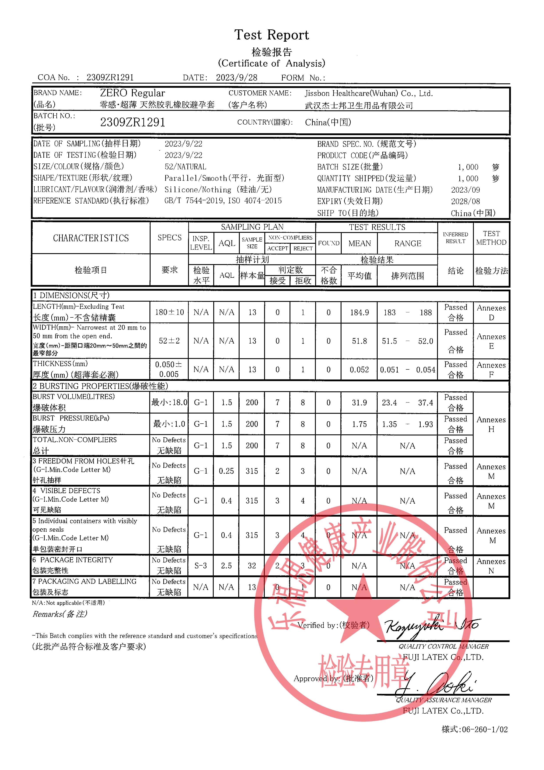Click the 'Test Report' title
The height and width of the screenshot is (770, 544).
271,35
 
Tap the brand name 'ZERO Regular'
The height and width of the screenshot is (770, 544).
132,93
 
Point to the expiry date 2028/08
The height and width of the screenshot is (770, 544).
465,201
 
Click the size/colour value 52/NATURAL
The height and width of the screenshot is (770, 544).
185,167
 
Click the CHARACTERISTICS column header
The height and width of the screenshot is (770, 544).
91,238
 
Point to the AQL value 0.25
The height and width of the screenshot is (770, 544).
226,471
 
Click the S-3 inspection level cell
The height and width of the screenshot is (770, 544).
201,566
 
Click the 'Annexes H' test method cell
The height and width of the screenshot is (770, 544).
491,424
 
